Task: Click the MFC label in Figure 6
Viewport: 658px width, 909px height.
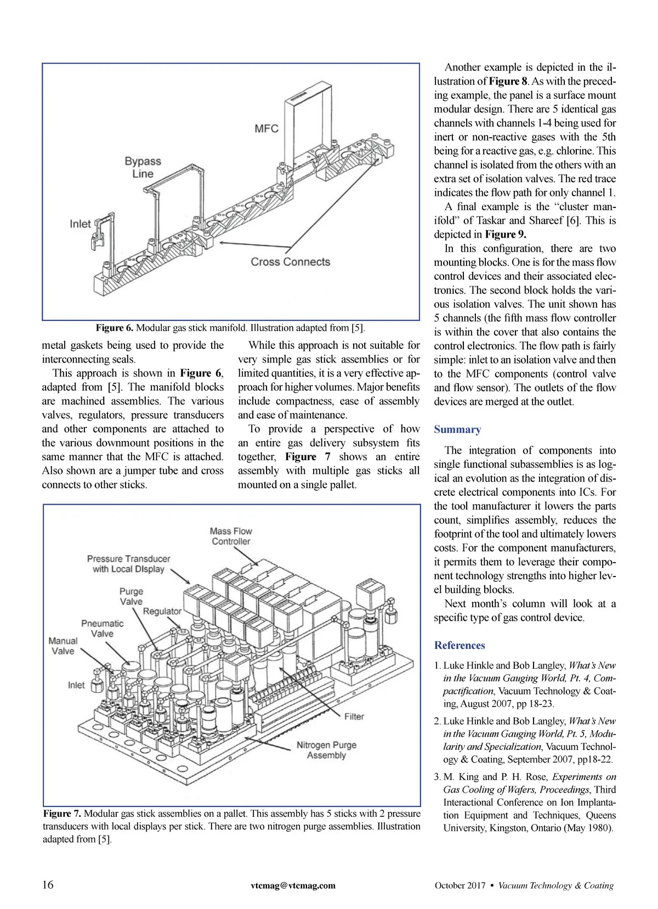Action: coord(266,129)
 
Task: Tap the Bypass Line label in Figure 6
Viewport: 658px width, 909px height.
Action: coord(143,167)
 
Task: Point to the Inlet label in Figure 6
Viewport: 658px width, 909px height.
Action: coord(80,224)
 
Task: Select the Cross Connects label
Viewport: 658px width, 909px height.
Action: coord(290,262)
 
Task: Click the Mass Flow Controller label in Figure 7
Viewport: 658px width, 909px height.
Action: coord(231,536)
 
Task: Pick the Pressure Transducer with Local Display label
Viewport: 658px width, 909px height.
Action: coord(128,563)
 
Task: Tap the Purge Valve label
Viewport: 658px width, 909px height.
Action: coord(131,596)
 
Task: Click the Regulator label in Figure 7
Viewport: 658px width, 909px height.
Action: coord(162,611)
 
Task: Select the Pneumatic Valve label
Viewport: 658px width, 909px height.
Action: coord(102,628)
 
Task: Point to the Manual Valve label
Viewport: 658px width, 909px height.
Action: coord(63,646)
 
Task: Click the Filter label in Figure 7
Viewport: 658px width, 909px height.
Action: coord(354,716)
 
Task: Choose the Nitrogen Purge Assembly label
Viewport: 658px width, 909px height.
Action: coord(326,750)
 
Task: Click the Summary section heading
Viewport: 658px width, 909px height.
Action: coord(457,430)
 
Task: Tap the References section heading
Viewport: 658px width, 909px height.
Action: coord(460,645)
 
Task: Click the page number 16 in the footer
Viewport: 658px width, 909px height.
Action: coord(48,885)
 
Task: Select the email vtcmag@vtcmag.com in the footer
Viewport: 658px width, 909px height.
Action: coord(293,885)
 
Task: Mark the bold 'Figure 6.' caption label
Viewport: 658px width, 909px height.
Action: coord(114,328)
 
